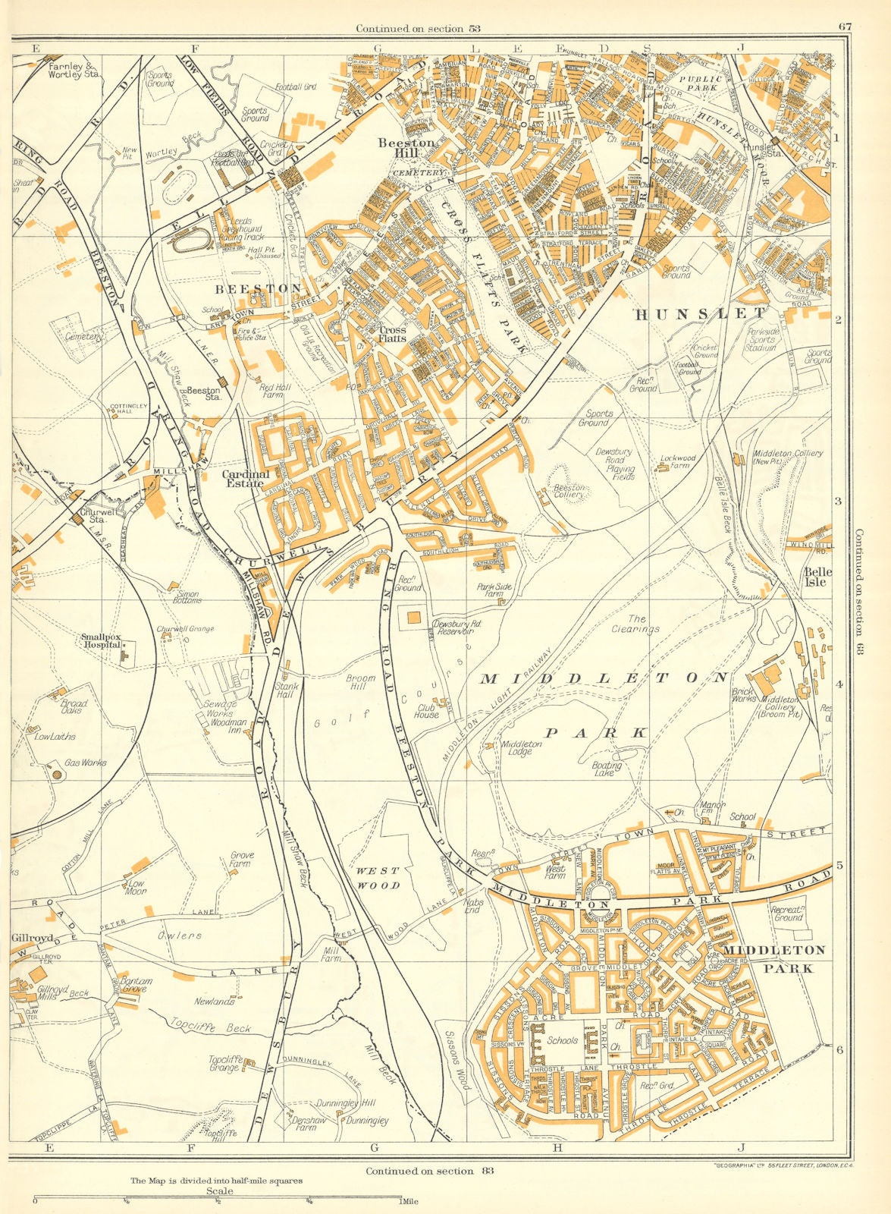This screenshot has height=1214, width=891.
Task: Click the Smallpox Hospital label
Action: [x=101, y=640]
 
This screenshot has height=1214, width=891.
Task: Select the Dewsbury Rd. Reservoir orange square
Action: [x=413, y=618]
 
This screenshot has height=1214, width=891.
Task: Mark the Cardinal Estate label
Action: [x=243, y=479]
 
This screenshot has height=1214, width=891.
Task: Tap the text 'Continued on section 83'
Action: [x=429, y=1170]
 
